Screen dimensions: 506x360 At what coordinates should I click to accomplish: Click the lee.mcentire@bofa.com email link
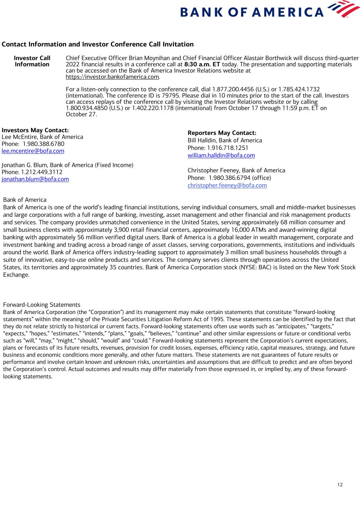click(33, 151)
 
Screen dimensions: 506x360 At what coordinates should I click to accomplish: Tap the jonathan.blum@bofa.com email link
click(35, 179)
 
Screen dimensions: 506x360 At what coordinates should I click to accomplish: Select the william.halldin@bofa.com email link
click(221, 155)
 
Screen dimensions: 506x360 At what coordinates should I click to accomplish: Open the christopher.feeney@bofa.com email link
click(227, 185)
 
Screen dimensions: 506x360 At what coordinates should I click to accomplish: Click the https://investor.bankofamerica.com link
click(112, 77)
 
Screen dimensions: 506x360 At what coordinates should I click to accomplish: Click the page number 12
click(340, 485)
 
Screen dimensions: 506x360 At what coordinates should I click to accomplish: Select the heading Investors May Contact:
click(35, 130)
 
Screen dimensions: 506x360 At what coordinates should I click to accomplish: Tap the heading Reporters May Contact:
click(222, 133)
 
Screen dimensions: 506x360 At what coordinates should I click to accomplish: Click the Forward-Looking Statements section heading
click(42, 305)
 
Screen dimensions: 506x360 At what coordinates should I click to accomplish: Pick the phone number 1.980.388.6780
click(43, 144)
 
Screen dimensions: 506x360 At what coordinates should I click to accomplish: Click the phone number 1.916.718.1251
click(228, 148)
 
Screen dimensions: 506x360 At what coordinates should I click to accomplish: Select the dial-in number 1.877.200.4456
click(231, 89)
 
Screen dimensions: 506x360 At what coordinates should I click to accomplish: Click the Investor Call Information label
click(32, 61)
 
